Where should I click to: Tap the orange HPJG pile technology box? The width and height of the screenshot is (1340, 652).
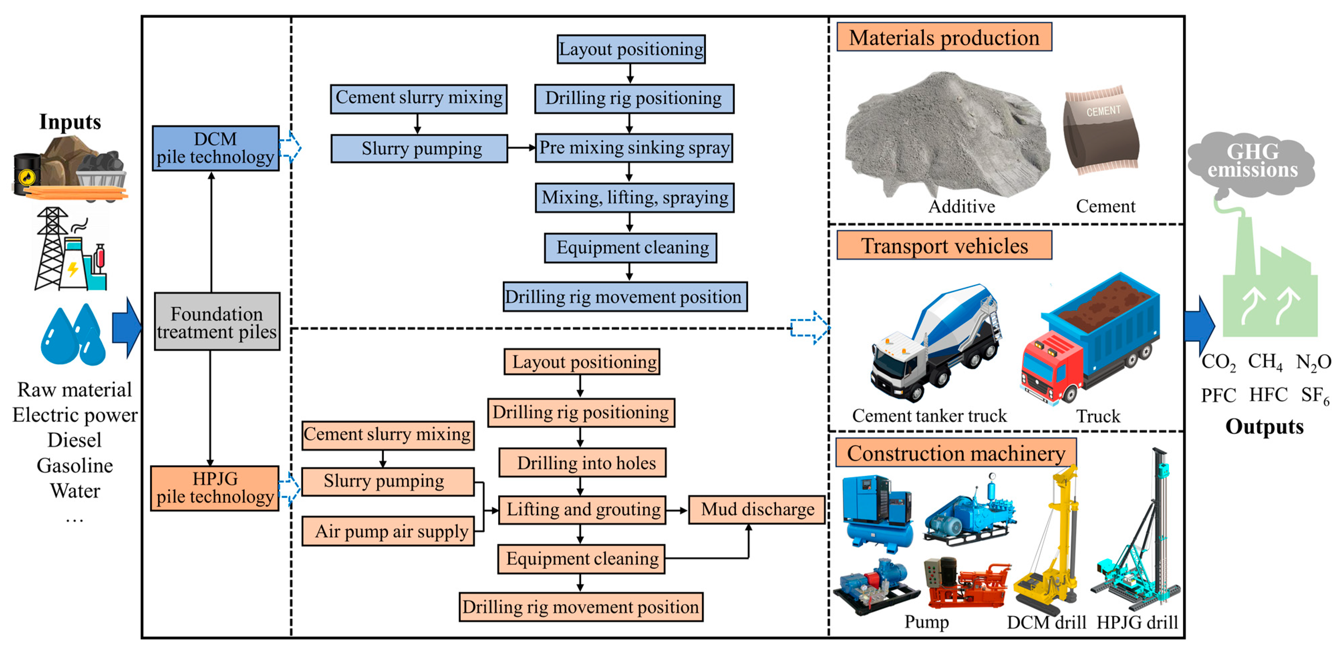[215, 488]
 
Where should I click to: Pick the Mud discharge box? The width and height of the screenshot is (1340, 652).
[757, 509]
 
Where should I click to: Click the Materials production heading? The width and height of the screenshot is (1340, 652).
[944, 37]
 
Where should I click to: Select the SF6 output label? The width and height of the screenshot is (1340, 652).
[1315, 396]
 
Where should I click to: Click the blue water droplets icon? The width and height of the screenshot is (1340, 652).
[73, 336]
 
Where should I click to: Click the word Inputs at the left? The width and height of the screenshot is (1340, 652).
[70, 122]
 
